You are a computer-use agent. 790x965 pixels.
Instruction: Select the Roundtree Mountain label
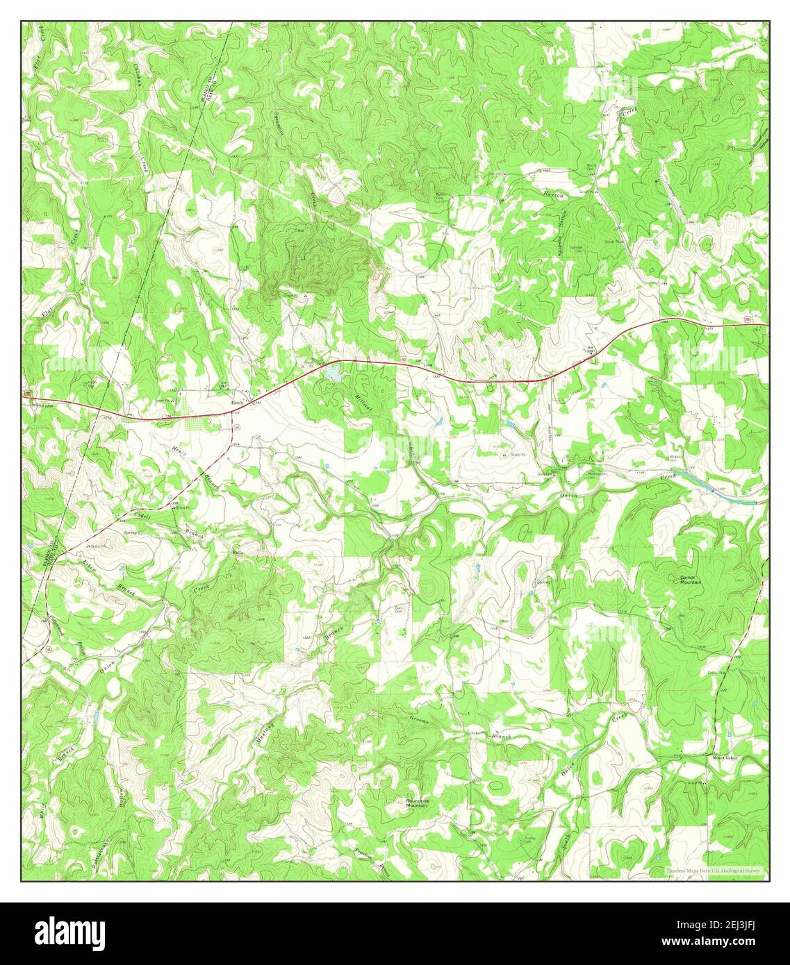pyautogui.click(x=416, y=802)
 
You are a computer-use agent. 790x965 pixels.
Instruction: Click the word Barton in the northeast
pyautogui.click(x=554, y=195)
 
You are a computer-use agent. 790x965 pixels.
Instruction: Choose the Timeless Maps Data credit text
pyautogui.click(x=712, y=871)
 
